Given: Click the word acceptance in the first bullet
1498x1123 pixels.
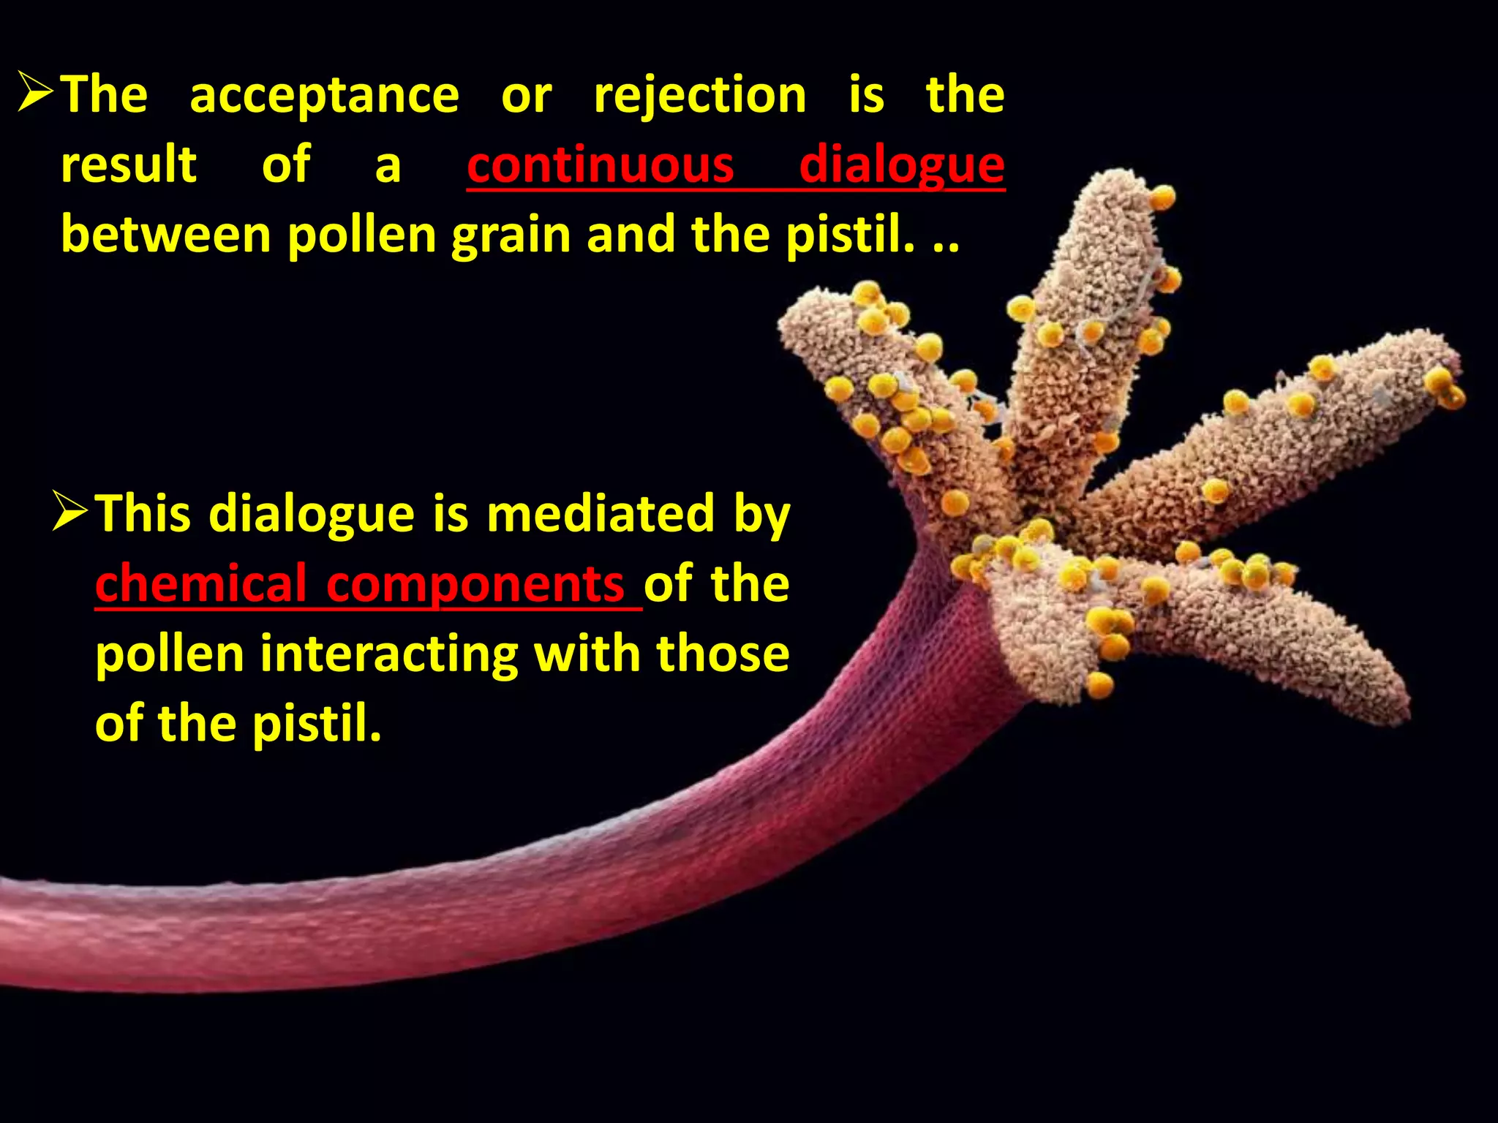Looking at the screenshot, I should coord(324,96).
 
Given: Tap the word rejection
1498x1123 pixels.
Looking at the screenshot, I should coord(700,96).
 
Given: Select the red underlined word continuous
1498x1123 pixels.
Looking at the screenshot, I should coord(600,165).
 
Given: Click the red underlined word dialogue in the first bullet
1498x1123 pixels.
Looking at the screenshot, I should coord(901,165).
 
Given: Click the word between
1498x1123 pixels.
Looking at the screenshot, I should coord(166,235).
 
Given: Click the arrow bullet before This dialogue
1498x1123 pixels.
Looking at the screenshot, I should coord(71,511).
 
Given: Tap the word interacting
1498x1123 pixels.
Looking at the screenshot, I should coord(390,654).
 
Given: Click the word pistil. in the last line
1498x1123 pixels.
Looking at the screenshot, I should coord(317,724).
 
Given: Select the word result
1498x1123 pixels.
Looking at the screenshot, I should coord(129,165).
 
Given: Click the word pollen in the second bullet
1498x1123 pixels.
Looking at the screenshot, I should coord(170,654).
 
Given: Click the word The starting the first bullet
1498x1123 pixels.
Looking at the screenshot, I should coord(104,96).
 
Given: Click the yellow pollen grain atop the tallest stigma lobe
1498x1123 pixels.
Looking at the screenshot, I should coord(1162,197).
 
